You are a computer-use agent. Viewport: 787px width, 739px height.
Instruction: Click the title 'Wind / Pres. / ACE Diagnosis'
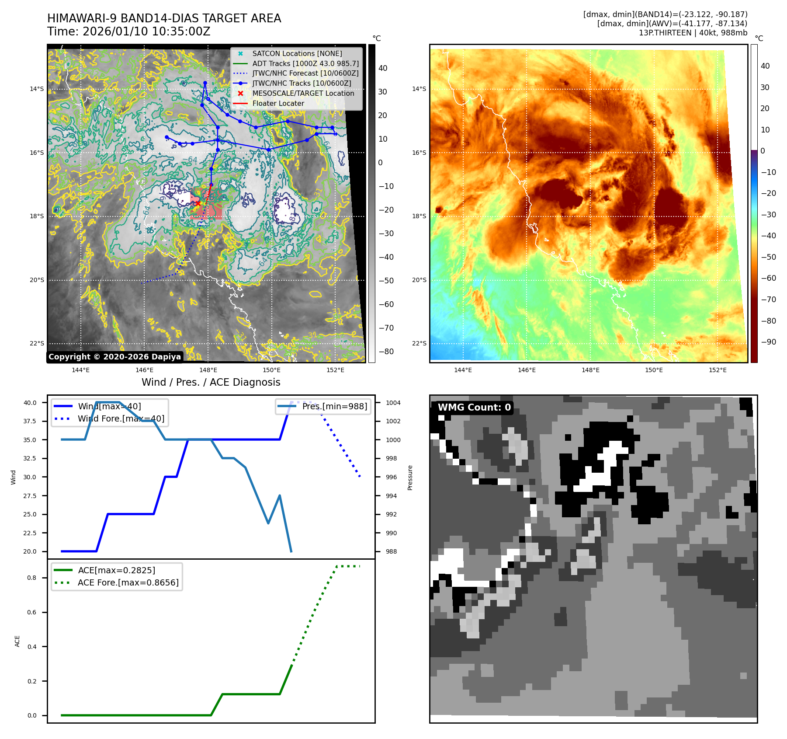211,382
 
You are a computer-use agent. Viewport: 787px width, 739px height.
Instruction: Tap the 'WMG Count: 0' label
474,408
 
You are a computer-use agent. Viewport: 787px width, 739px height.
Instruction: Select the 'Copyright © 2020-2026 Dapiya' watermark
114,357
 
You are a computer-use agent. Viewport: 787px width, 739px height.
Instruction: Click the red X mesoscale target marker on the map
198,203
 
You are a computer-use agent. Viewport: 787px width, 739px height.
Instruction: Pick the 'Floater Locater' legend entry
278,104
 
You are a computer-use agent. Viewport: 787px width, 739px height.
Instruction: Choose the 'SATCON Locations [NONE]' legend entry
297,54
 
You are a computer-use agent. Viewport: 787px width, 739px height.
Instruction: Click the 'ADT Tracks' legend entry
305,64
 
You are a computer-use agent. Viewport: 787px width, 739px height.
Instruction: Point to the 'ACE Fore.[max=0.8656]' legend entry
128,582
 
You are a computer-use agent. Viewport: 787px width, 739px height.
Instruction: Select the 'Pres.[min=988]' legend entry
334,406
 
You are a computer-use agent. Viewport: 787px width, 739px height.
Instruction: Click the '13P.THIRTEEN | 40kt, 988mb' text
693,33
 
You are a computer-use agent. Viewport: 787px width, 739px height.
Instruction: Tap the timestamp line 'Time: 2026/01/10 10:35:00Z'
129,32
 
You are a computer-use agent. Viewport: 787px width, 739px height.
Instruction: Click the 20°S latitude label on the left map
37,280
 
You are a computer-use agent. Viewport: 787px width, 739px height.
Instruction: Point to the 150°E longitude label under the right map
654,370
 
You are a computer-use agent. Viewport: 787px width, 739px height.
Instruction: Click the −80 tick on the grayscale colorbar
386,352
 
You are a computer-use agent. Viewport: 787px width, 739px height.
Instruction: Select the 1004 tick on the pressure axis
393,403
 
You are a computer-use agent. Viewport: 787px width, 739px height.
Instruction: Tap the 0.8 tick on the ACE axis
32,578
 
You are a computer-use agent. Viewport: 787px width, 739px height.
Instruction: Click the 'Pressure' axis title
410,478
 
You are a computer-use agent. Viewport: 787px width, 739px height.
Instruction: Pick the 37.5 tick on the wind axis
30,421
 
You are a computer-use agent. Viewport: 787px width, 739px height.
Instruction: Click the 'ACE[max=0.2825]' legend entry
116,570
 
